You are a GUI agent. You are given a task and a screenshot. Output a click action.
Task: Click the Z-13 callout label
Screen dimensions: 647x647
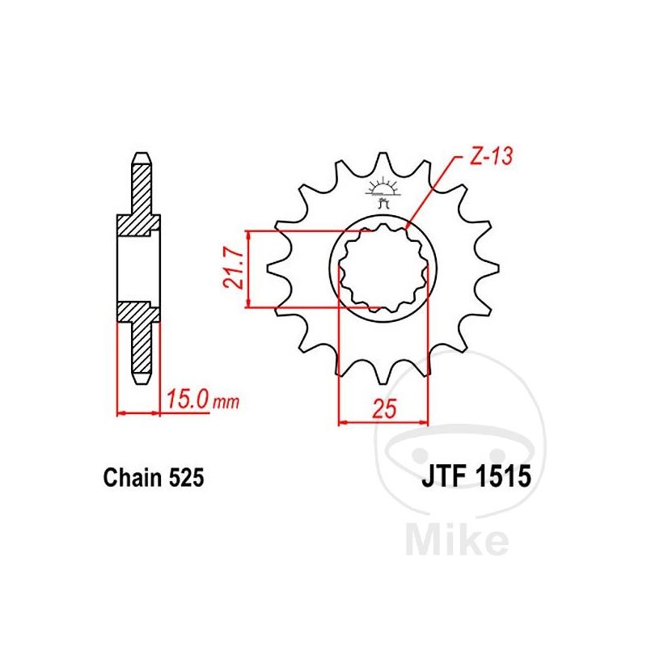click(x=492, y=156)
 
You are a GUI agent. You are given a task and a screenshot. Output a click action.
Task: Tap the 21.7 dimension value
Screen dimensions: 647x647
click(x=232, y=269)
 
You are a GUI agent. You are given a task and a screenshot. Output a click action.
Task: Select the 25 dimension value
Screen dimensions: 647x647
click(x=383, y=408)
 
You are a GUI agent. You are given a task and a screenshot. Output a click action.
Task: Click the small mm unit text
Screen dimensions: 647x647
click(x=226, y=402)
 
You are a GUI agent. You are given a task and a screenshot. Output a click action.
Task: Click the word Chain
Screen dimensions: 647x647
click(x=132, y=477)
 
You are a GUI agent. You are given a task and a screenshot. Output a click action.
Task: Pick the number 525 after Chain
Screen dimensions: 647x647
click(x=185, y=477)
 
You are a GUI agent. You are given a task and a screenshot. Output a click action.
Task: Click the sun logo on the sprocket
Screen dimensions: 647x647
click(x=383, y=192)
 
